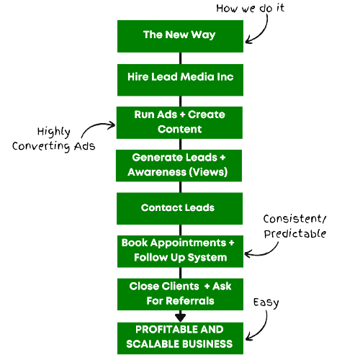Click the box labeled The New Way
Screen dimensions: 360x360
[180, 36]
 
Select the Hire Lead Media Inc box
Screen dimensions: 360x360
[180, 80]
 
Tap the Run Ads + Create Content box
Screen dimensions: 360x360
[179, 122]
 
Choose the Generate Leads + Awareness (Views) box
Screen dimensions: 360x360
[179, 166]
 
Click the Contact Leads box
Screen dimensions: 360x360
[179, 209]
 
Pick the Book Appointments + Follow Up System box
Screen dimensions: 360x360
[180, 251]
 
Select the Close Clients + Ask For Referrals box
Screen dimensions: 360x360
[180, 294]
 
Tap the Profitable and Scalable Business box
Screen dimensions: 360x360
[180, 338]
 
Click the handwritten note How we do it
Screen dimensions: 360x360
[251, 8]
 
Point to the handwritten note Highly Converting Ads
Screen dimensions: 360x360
[54, 139]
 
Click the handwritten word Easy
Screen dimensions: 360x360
[266, 303]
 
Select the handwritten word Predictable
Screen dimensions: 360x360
[295, 234]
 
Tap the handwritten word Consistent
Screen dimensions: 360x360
[293, 219]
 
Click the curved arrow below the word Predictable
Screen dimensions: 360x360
[264, 254]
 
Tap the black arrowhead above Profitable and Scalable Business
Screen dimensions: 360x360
[181, 318]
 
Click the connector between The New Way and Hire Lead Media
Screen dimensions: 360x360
[181, 58]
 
